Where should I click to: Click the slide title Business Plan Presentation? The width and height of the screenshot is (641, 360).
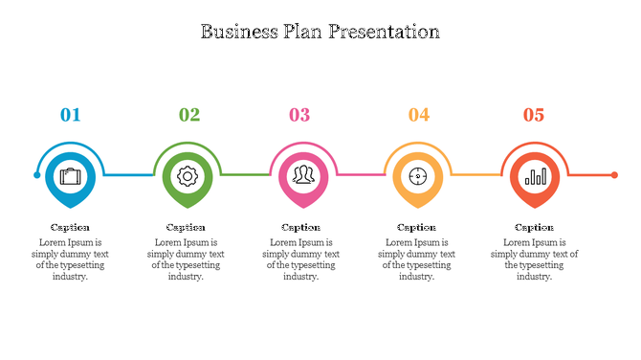[320, 31]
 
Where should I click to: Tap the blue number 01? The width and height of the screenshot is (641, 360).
[71, 115]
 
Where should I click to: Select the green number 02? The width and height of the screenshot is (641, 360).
[189, 115]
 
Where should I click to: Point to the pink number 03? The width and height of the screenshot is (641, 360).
[299, 115]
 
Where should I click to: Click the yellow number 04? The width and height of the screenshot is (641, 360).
[419, 115]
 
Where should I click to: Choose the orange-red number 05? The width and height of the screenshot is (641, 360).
[533, 115]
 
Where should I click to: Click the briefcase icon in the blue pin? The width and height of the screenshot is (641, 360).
[71, 176]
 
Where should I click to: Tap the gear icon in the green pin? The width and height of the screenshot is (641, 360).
[187, 176]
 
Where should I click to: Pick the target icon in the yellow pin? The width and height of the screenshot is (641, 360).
[417, 176]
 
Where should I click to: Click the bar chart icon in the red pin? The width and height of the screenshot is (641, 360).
[535, 176]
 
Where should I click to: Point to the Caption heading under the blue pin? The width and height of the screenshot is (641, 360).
[70, 227]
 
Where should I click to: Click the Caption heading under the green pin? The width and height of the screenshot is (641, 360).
[186, 227]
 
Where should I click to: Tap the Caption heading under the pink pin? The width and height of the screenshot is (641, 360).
[300, 227]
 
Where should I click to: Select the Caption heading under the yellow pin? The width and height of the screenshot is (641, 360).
[416, 227]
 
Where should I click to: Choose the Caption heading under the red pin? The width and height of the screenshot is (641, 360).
[534, 227]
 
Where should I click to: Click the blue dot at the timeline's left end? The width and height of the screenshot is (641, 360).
[37, 175]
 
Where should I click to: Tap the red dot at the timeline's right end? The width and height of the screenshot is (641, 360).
[614, 175]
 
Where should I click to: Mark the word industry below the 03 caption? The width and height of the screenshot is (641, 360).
[298, 277]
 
